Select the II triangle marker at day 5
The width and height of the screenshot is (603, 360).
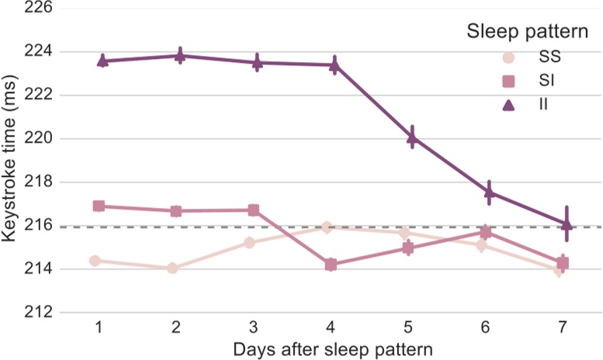pyautogui.click(x=412, y=137)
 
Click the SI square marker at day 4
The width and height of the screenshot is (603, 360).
pyautogui.click(x=331, y=265)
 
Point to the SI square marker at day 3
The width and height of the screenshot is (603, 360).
pyautogui.click(x=254, y=210)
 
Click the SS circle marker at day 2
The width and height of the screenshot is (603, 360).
pyautogui.click(x=172, y=268)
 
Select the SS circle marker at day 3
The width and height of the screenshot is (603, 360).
pyautogui.click(x=249, y=242)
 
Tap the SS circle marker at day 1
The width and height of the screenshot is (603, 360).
pyautogui.click(x=95, y=261)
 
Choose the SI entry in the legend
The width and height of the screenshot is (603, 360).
pyautogui.click(x=516, y=80)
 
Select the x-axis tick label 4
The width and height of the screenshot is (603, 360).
pyautogui.click(x=331, y=328)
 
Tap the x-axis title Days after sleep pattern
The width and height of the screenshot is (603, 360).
pyautogui.click(x=330, y=348)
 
